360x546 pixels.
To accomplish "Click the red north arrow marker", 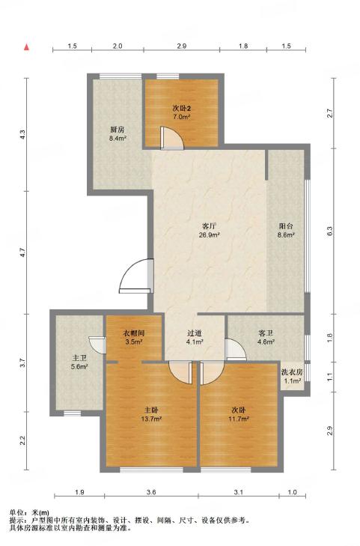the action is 26,47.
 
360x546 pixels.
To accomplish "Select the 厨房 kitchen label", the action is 118,130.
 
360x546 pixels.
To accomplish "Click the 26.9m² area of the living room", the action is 209,234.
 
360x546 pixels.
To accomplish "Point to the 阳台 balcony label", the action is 286,226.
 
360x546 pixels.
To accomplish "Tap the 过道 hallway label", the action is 195,333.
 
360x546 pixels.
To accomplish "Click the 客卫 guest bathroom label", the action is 266,333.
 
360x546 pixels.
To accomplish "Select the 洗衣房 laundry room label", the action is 292,372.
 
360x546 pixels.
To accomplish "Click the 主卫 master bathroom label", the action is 79,358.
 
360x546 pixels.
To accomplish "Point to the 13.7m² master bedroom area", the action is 153,419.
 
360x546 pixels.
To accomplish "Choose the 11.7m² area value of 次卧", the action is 239,419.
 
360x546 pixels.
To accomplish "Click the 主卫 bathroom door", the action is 97,345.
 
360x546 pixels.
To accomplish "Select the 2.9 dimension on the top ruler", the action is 182,46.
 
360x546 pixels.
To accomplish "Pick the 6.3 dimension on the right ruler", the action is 330,231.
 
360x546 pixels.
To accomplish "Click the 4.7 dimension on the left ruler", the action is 22,252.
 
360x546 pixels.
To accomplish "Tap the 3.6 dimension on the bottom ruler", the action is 151,492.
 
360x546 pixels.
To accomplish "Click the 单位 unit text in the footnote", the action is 16,512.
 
